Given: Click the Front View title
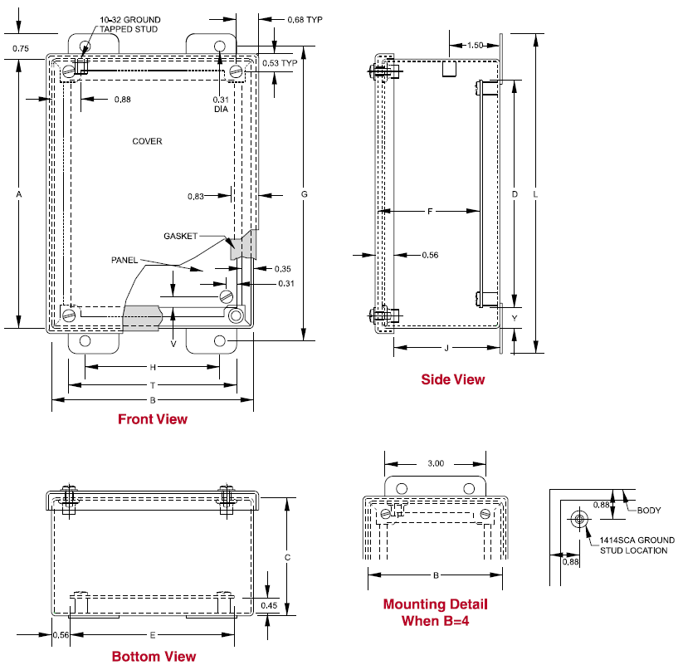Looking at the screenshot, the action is (153, 418).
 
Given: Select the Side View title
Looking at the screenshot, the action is (452, 379).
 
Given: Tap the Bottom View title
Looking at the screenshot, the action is (154, 656).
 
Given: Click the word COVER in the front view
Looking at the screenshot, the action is (147, 141).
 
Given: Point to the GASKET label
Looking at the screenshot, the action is (180, 236).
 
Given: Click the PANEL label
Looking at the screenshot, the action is (124, 260).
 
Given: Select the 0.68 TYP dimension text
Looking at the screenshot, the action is (305, 20).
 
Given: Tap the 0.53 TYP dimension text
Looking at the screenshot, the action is (280, 63).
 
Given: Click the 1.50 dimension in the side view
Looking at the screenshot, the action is (475, 46).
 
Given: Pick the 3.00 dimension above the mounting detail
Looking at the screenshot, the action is (436, 463).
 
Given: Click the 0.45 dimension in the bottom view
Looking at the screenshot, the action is (269, 605).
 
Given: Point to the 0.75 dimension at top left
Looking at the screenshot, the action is (21, 48).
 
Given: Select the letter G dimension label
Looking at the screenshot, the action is (304, 194).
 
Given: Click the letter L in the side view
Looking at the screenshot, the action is (535, 194).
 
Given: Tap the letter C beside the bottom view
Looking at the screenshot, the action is (287, 557).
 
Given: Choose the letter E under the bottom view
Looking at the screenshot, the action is (153, 635).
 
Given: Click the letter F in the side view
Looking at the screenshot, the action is (430, 212).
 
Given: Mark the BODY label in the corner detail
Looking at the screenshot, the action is (649, 511).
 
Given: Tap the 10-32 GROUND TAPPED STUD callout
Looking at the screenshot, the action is (129, 24).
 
